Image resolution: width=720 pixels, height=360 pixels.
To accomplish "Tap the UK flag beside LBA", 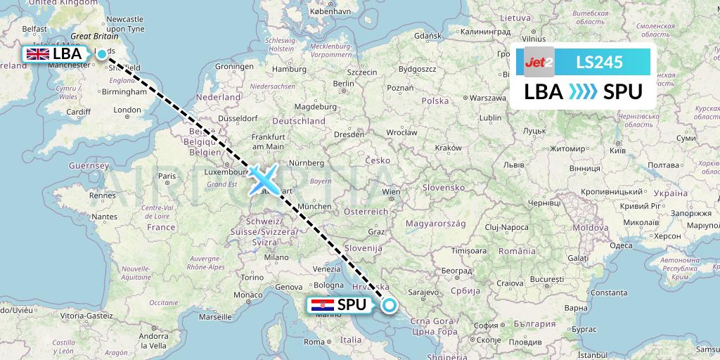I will coord(37,54).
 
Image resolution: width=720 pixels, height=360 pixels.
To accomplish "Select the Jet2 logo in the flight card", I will coord(539,62).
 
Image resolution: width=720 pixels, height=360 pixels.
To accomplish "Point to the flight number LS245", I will coord(599,62).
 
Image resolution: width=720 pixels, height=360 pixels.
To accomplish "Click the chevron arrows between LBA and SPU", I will coord(582,92).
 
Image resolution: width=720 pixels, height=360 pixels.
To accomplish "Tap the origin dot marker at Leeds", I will coord(102,53).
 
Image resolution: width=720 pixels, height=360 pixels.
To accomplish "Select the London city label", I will coord(127,110).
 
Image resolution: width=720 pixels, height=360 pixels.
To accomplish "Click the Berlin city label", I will coord(344,83).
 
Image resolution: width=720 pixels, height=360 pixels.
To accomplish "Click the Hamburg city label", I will coord(290,69).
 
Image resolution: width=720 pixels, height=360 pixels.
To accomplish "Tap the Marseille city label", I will coord(215,316).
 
